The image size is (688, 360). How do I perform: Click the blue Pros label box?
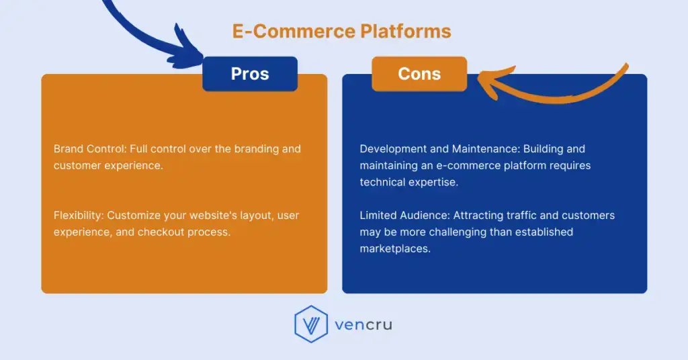tap(250, 74)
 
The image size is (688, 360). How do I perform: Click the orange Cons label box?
tap(419, 74)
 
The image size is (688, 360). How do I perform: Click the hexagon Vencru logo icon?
tap(310, 324)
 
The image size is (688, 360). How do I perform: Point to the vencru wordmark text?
tap(363, 325)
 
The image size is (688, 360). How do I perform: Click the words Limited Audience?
tap(404, 216)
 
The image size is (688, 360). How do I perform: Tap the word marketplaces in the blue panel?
tap(394, 249)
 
